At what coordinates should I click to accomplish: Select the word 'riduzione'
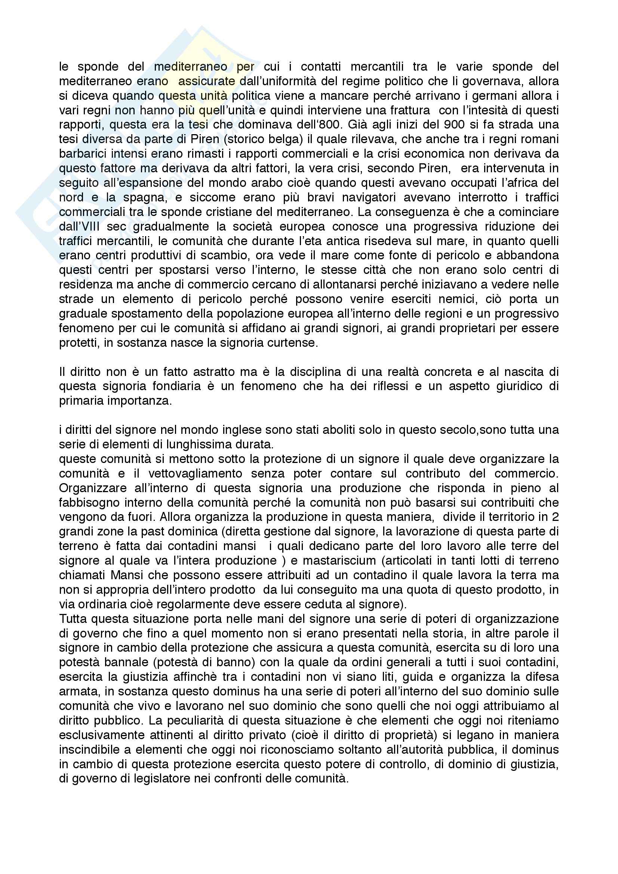click(x=507, y=226)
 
